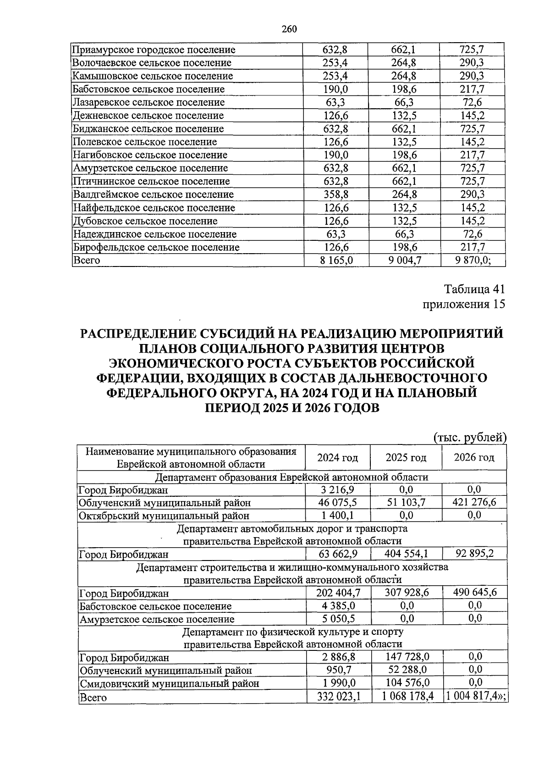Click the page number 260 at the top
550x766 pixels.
pyautogui.click(x=289, y=29)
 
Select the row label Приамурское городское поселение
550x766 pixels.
pyautogui.click(x=154, y=50)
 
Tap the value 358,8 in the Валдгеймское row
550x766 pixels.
pyautogui.click(x=336, y=194)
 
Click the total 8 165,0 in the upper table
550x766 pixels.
pyautogui.click(x=336, y=261)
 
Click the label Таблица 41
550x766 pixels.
pyautogui.click(x=474, y=289)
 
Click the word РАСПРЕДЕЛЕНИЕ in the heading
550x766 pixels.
pyautogui.click(x=140, y=333)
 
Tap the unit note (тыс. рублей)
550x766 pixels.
pyautogui.click(x=470, y=438)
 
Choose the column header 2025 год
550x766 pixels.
pyautogui.click(x=406, y=458)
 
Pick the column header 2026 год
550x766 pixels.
pyautogui.click(x=474, y=458)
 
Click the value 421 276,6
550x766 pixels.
pyautogui.click(x=474, y=502)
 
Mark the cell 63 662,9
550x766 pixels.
pyautogui.click(x=338, y=554)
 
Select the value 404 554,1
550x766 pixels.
pyautogui.click(x=406, y=554)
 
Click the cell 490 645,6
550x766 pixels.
pyautogui.click(x=475, y=593)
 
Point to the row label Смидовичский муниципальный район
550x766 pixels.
pyautogui.click(x=169, y=683)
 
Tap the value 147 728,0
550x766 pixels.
pyautogui.click(x=406, y=657)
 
